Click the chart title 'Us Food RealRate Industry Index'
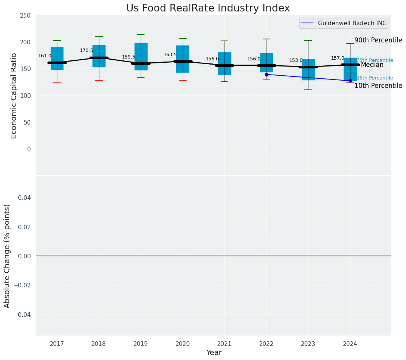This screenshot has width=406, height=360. click(208, 8)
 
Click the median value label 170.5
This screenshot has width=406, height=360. click(86, 50)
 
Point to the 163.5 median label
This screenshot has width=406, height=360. click(170, 55)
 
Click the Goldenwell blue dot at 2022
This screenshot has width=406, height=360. click(266, 75)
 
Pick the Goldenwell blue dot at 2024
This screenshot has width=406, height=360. click(350, 81)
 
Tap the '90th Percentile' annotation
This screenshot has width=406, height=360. click(378, 40)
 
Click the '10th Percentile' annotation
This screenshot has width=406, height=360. click(378, 86)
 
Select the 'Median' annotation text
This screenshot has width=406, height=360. click(372, 65)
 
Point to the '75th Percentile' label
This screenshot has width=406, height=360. click(375, 60)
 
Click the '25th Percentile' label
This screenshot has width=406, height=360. click(375, 78)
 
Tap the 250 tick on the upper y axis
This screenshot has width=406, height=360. click(26, 16)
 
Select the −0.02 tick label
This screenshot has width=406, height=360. click(23, 285)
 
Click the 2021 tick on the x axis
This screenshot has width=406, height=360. click(224, 344)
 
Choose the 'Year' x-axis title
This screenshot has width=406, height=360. click(214, 353)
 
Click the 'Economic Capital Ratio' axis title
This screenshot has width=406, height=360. click(14, 96)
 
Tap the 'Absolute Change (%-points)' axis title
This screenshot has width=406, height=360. click(7, 256)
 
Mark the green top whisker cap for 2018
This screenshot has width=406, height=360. click(99, 37)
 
